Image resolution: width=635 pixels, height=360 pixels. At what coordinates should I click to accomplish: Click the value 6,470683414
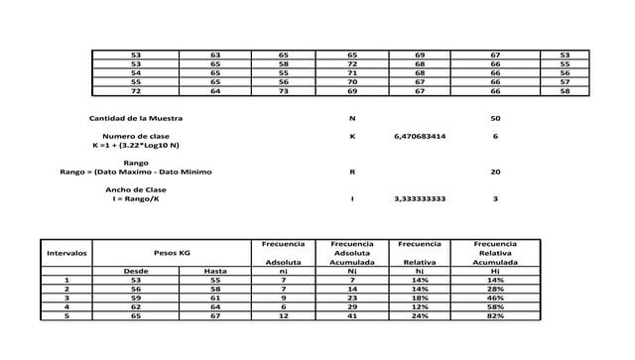420,136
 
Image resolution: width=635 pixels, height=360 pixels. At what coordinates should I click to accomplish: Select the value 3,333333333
420,198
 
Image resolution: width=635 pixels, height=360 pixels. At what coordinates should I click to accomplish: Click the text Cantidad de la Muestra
136,118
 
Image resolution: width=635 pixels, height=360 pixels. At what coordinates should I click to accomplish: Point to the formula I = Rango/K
136,198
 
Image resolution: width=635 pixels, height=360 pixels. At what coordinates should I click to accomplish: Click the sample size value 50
495,118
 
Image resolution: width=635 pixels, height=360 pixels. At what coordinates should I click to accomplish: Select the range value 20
495,172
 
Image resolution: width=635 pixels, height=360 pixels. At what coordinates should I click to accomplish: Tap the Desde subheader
136,271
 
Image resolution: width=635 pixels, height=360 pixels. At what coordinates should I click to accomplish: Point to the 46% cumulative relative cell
495,298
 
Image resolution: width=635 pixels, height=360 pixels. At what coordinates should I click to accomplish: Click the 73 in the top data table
284,91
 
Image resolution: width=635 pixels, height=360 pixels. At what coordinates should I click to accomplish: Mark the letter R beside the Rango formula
352,172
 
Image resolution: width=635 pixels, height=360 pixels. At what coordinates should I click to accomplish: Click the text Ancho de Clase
136,189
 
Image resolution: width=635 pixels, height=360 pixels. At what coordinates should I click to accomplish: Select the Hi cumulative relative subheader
495,271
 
